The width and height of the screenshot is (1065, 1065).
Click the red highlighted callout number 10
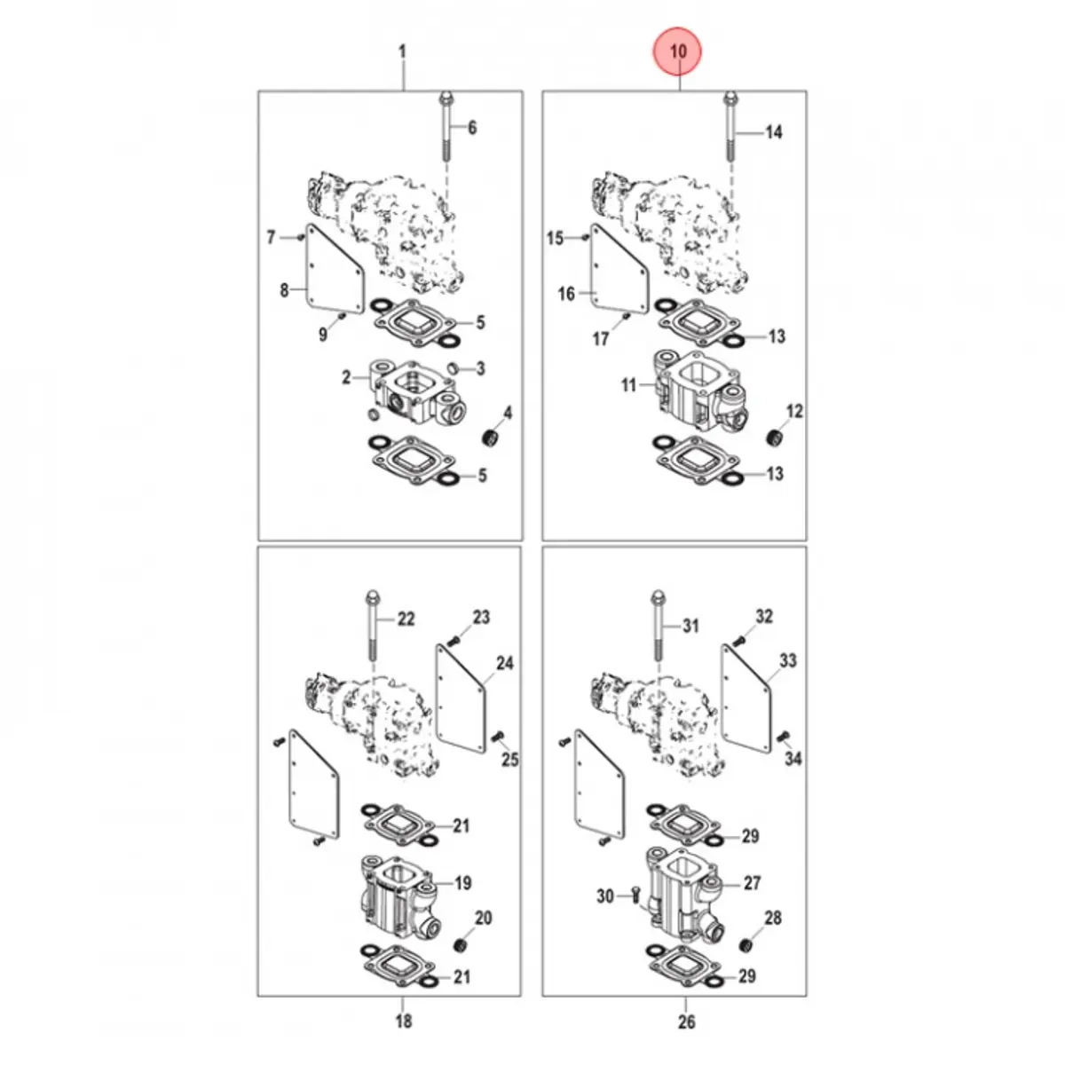pos(677,51)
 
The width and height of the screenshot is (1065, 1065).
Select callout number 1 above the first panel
pos(402,52)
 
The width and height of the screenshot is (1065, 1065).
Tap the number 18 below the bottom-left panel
pos(404,1021)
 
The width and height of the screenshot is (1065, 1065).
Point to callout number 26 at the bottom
pos(686,1022)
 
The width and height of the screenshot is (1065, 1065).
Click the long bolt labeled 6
pos(446,126)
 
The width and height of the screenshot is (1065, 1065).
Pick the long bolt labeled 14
pos(730,126)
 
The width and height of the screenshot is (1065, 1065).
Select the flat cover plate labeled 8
pos(335,269)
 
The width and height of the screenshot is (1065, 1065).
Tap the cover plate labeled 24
pos(461,698)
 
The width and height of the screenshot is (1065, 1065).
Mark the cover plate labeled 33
pos(746,698)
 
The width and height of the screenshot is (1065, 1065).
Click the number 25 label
pos(509,760)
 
